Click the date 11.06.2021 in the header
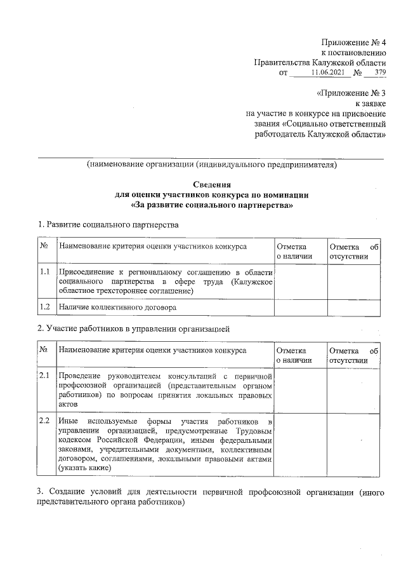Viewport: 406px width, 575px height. tap(327, 72)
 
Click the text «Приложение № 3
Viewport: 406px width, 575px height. tap(352, 93)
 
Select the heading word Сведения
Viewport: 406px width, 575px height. tap(211, 184)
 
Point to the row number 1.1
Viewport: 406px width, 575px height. tap(45, 271)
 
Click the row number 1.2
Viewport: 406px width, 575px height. tap(45, 307)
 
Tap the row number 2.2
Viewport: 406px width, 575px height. tap(45, 421)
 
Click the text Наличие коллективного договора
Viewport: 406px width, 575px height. tap(117, 307)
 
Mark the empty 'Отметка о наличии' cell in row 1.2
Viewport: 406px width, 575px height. tap(300, 307)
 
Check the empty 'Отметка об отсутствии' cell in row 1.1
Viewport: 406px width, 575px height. tap(353, 281)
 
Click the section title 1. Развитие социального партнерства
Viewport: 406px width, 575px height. tap(108, 224)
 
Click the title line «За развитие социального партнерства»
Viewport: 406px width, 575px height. tap(211, 206)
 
